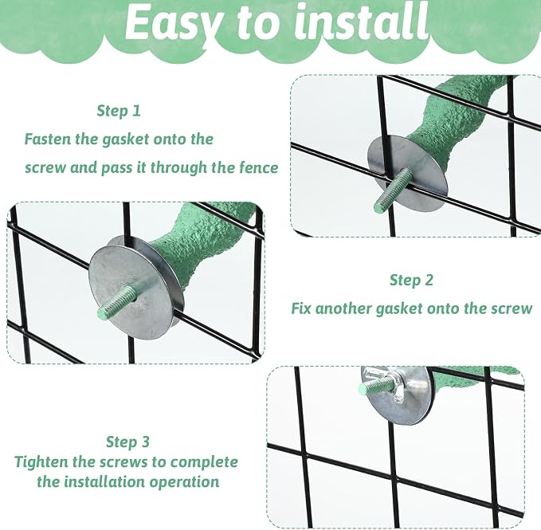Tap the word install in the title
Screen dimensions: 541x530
(362, 22)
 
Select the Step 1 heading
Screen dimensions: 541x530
(119, 111)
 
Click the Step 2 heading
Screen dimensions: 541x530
(411, 280)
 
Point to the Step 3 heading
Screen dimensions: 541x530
(127, 442)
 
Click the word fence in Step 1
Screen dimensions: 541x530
(259, 167)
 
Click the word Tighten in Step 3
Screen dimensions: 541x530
(41, 462)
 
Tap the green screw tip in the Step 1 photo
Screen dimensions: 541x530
(103, 313)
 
